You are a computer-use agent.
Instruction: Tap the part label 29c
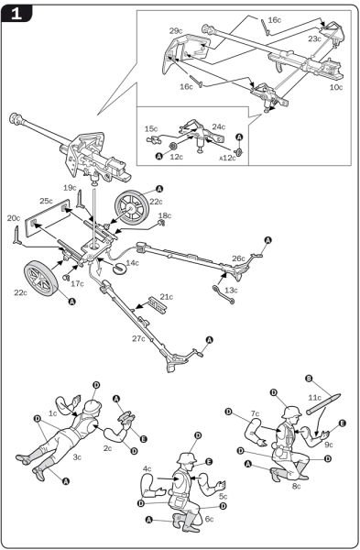(x=176, y=31)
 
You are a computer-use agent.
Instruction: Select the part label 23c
(x=314, y=40)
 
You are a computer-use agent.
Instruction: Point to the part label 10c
(x=336, y=88)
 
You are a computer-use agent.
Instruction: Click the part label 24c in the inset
(x=219, y=127)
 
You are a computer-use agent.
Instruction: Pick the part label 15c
(x=150, y=129)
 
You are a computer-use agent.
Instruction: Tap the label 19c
(x=70, y=187)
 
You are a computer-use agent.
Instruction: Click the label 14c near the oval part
(x=133, y=263)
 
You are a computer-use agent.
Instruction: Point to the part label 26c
(x=238, y=259)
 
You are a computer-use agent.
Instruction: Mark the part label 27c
(x=137, y=338)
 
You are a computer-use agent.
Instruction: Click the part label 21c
(x=167, y=297)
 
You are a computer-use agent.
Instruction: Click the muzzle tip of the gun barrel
(x=16, y=118)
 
